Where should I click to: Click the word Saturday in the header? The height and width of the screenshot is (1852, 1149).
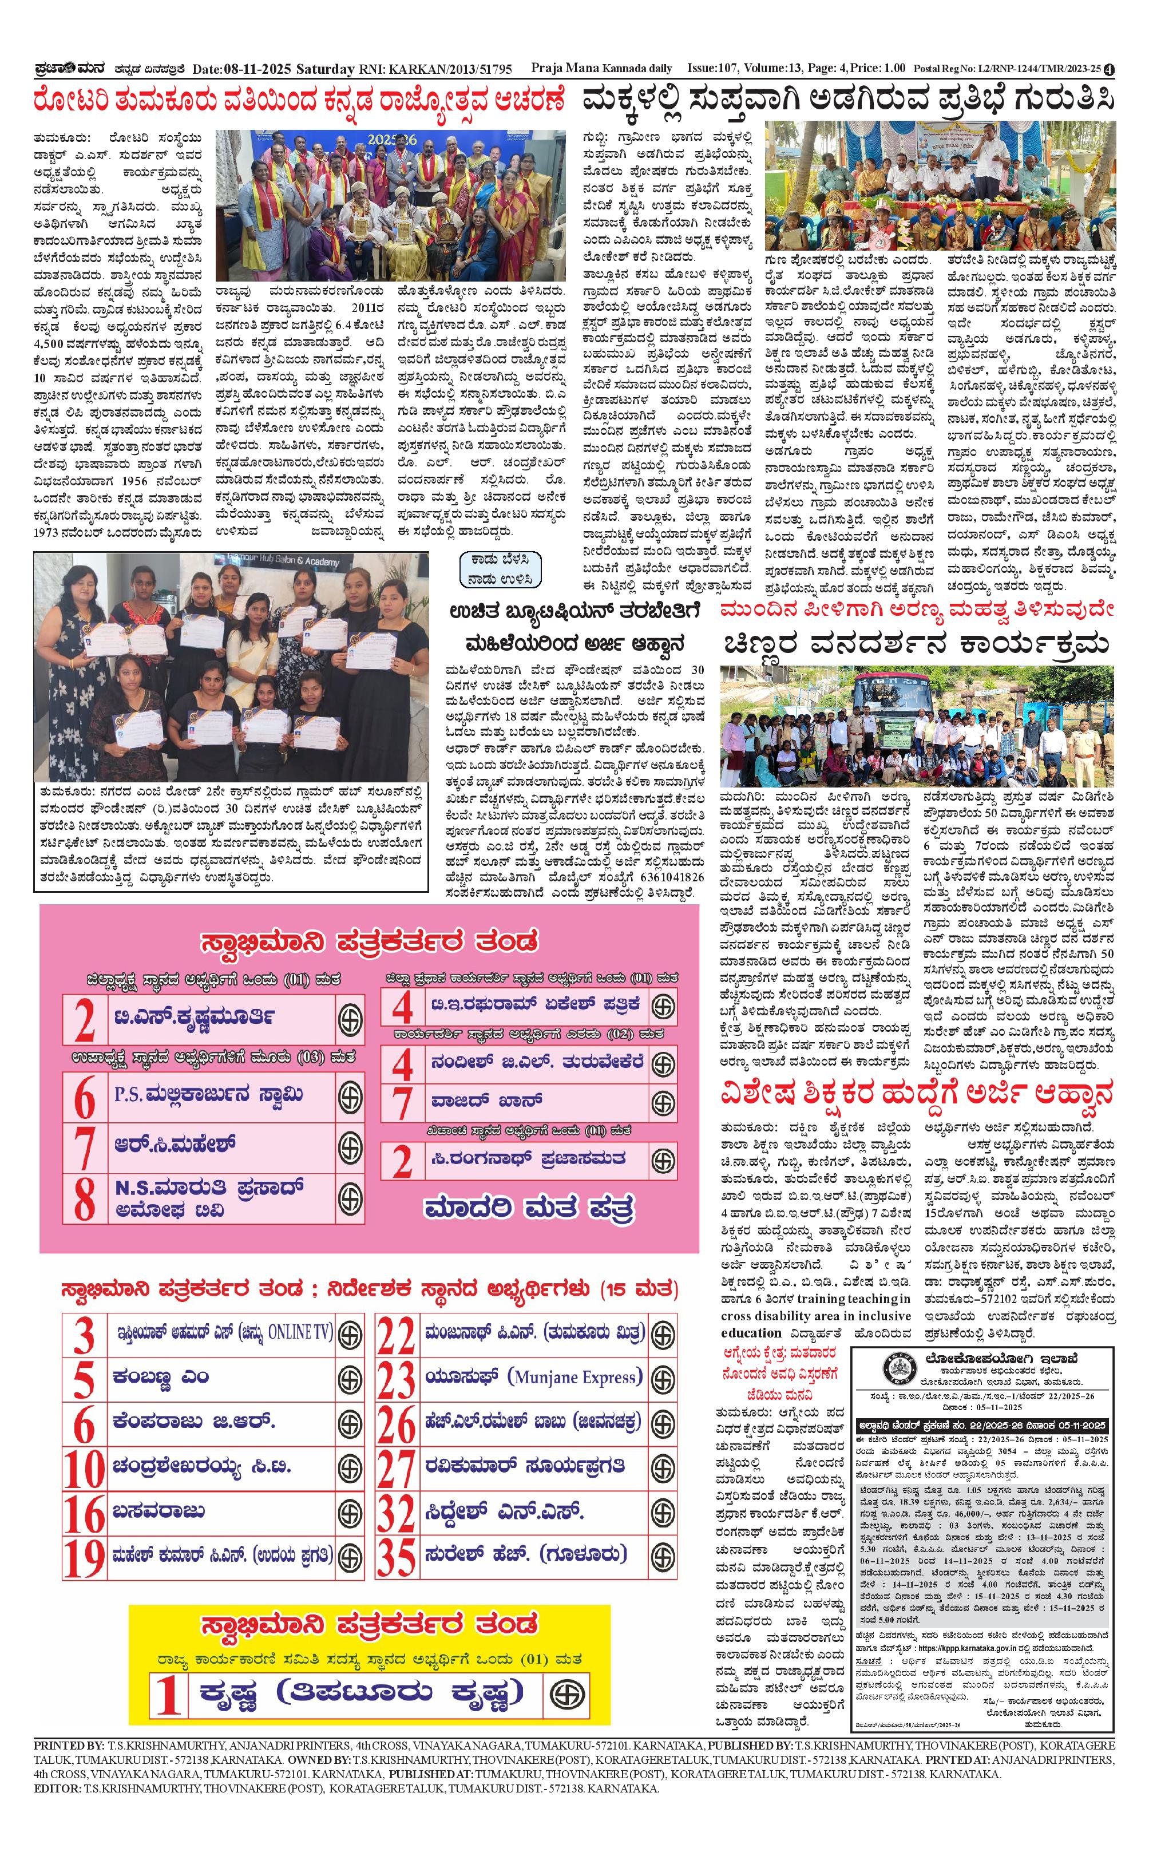pyautogui.click(x=324, y=69)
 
